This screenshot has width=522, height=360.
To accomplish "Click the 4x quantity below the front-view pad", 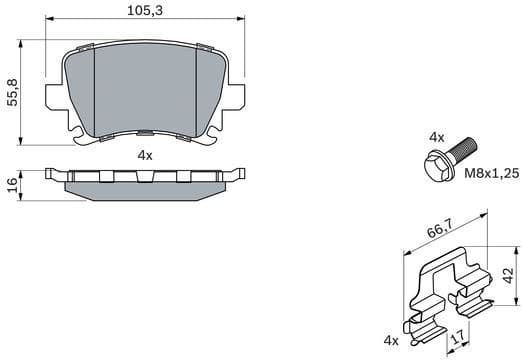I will pos(145,155).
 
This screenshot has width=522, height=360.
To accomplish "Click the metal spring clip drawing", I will pos(447,290).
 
